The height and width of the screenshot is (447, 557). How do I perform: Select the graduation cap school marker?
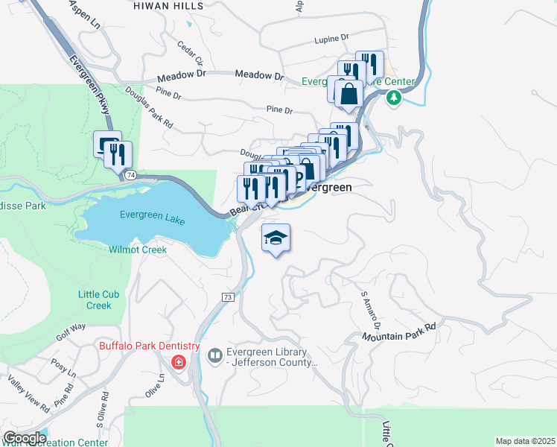pos(276,238)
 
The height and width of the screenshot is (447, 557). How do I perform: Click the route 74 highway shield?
pos(130,174)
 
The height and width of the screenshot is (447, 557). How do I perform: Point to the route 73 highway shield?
pos(227,297)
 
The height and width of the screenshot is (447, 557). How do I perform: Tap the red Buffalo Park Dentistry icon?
pos(179,362)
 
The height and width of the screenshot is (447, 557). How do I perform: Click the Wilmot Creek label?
pos(138,250)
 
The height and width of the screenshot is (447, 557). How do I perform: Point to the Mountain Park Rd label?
pos(399,332)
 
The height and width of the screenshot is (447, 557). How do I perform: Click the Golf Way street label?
pos(71,331)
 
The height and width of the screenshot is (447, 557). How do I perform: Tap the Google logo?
pos(25,438)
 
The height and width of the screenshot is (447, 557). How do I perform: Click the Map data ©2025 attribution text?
pos(526,441)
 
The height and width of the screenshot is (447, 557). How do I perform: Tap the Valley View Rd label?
pos(29,395)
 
